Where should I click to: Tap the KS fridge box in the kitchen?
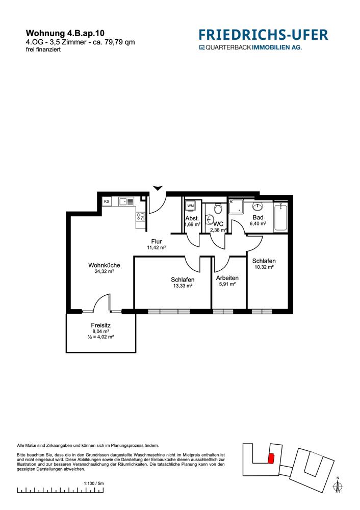pyautogui.click(x=107, y=201)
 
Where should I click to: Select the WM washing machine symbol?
pyautogui.click(x=190, y=206)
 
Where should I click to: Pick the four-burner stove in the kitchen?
pyautogui.click(x=141, y=217)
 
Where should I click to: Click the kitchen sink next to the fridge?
pyautogui.click(x=126, y=201)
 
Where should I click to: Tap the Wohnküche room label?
pyautogui.click(x=104, y=265)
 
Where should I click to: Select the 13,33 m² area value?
pyautogui.click(x=183, y=286)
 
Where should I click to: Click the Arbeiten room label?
pyautogui.click(x=227, y=278)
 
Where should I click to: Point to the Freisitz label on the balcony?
pyautogui.click(x=101, y=325)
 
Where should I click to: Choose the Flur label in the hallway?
pyautogui.click(x=157, y=242)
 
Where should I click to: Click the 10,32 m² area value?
pyautogui.click(x=264, y=267)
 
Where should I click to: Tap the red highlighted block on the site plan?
pyautogui.click(x=271, y=458)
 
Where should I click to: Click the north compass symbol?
pyautogui.click(x=338, y=484)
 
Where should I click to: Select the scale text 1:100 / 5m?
pyautogui.click(x=94, y=483)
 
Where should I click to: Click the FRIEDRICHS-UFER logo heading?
pyautogui.click(x=264, y=35)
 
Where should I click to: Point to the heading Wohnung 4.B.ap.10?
pyautogui.click(x=65, y=33)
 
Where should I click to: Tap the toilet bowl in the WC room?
pyautogui.click(x=218, y=209)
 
